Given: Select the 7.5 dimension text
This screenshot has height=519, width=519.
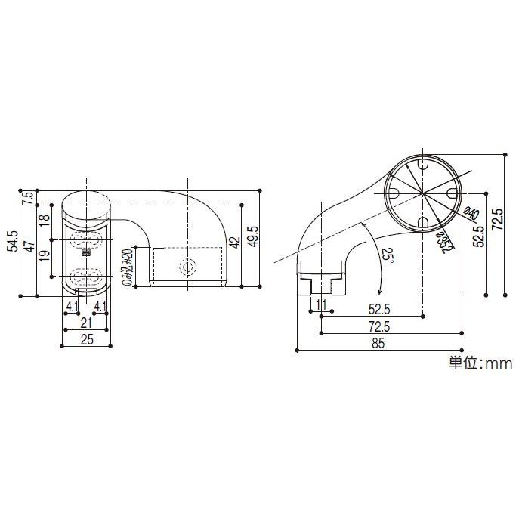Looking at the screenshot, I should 28,199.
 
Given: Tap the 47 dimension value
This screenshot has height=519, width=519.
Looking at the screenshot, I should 28,249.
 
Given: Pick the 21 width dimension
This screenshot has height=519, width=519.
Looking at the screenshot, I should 87,323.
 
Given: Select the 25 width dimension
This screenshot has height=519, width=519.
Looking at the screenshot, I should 87,339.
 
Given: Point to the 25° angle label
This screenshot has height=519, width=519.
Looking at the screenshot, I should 387,258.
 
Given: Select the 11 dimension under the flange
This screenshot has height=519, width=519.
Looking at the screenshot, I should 322,306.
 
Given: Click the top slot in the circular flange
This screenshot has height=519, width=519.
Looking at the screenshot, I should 422,164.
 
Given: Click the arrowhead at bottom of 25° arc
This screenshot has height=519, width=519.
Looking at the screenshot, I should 379,292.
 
